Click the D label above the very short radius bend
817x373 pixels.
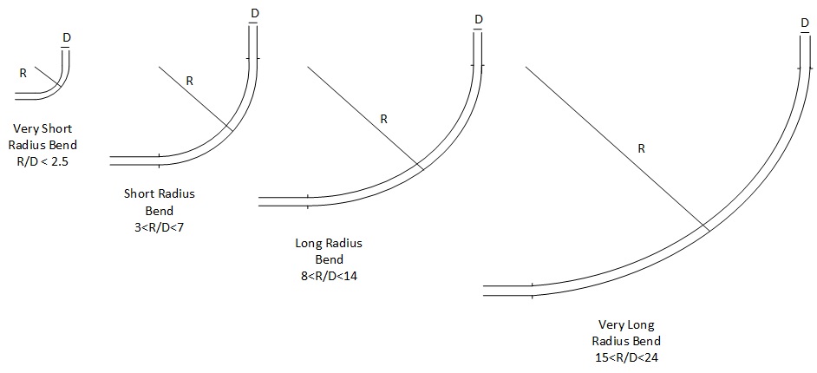[66, 37]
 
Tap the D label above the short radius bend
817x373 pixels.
[254, 13]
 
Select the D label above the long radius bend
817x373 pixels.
[479, 20]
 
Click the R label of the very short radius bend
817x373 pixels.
[23, 74]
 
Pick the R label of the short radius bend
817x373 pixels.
[189, 81]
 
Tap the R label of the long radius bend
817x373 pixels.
[383, 119]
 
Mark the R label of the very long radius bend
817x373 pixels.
[642, 149]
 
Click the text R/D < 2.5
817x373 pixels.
[42, 161]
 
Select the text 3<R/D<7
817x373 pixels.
[159, 227]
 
